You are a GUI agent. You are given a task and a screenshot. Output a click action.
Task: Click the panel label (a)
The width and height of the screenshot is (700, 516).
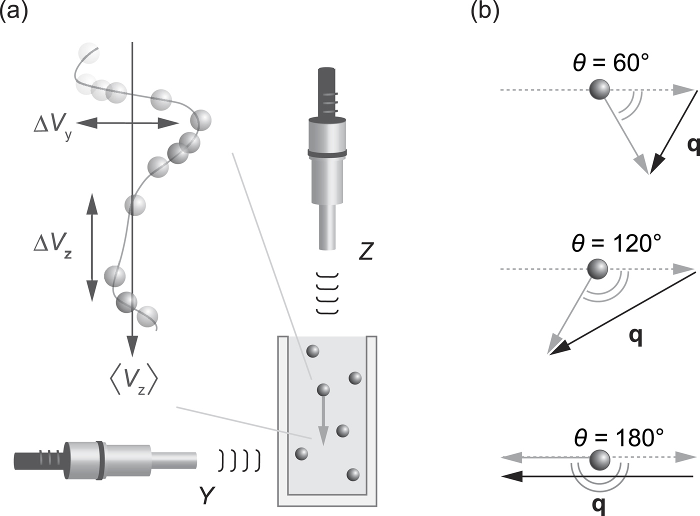click(13, 11)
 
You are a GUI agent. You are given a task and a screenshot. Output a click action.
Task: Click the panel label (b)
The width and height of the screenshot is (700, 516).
click(485, 11)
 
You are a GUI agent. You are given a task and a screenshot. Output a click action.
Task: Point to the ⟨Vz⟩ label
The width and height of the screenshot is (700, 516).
click(133, 381)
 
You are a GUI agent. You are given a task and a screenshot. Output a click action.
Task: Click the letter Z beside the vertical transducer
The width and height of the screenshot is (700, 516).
click(366, 251)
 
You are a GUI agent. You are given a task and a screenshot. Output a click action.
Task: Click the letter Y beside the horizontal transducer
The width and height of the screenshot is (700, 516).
click(206, 495)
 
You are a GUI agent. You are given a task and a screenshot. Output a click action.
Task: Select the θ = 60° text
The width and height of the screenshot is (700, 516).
click(610, 63)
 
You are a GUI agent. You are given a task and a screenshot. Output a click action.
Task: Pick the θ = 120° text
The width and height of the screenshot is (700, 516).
click(616, 243)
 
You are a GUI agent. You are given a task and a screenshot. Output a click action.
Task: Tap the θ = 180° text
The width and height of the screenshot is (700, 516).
click(618, 437)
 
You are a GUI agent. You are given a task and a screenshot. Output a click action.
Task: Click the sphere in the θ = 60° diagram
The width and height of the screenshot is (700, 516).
click(599, 89)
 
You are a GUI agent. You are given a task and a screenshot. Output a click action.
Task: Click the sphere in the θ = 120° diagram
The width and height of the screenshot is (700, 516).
click(597, 269)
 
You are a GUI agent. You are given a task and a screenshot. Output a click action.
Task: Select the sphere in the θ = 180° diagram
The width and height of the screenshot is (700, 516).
click(599, 459)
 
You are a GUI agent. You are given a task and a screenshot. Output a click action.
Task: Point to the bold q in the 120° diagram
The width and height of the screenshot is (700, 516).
click(635, 336)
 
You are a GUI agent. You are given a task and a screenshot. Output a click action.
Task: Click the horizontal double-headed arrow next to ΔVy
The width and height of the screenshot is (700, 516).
click(127, 123)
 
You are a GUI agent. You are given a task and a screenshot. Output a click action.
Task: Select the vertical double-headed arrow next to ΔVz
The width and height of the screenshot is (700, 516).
click(91, 247)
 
